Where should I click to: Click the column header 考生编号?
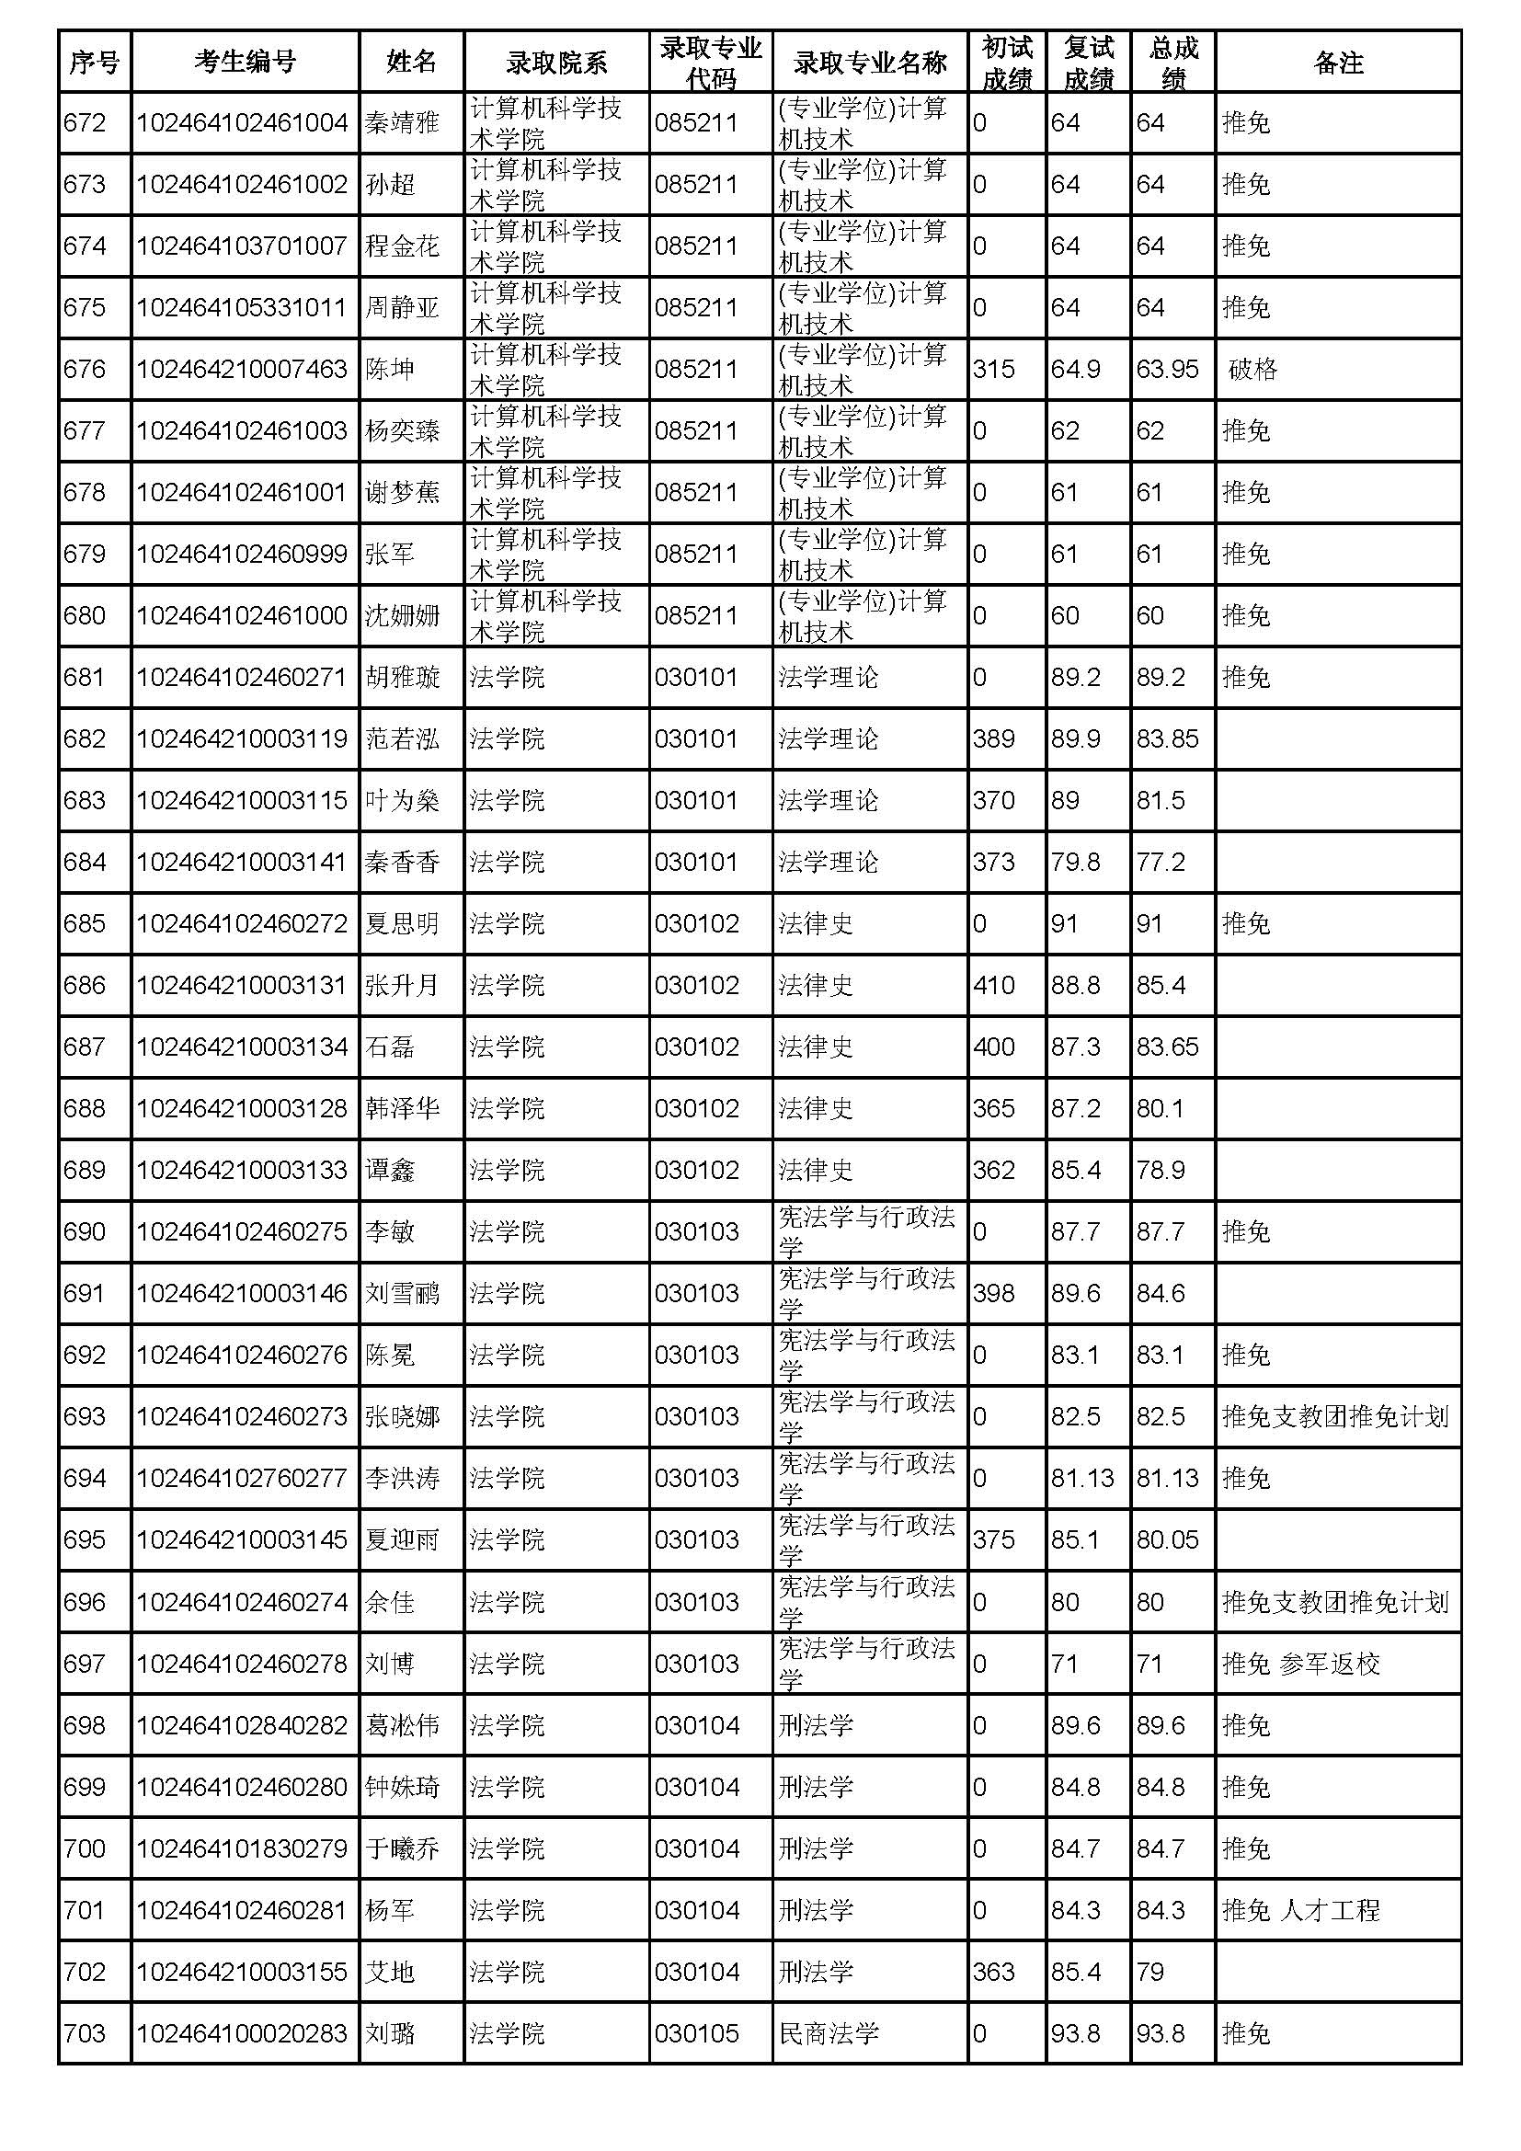pyautogui.click(x=245, y=62)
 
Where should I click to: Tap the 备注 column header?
pyautogui.click(x=1337, y=62)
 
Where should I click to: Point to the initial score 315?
pyautogui.click(x=993, y=369)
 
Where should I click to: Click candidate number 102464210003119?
pyautogui.click(x=242, y=739)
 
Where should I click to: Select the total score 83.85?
pyautogui.click(x=1167, y=739)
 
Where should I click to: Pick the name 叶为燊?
pyautogui.click(x=402, y=801)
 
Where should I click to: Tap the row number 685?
pyautogui.click(x=85, y=923)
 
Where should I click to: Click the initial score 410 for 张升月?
pyautogui.click(x=993, y=986)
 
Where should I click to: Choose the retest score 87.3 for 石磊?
pyautogui.click(x=1075, y=1047)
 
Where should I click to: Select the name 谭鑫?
pyautogui.click(x=390, y=1170)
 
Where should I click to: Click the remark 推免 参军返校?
pyautogui.click(x=1301, y=1664)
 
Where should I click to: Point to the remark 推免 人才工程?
pyautogui.click(x=1301, y=1910)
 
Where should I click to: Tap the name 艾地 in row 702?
pyautogui.click(x=390, y=1972)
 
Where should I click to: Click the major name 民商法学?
pyautogui.click(x=828, y=2034)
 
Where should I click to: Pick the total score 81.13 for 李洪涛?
pyautogui.click(x=1167, y=1479)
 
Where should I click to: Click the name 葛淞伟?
pyautogui.click(x=402, y=1725)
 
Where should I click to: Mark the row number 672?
pyautogui.click(x=85, y=122)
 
